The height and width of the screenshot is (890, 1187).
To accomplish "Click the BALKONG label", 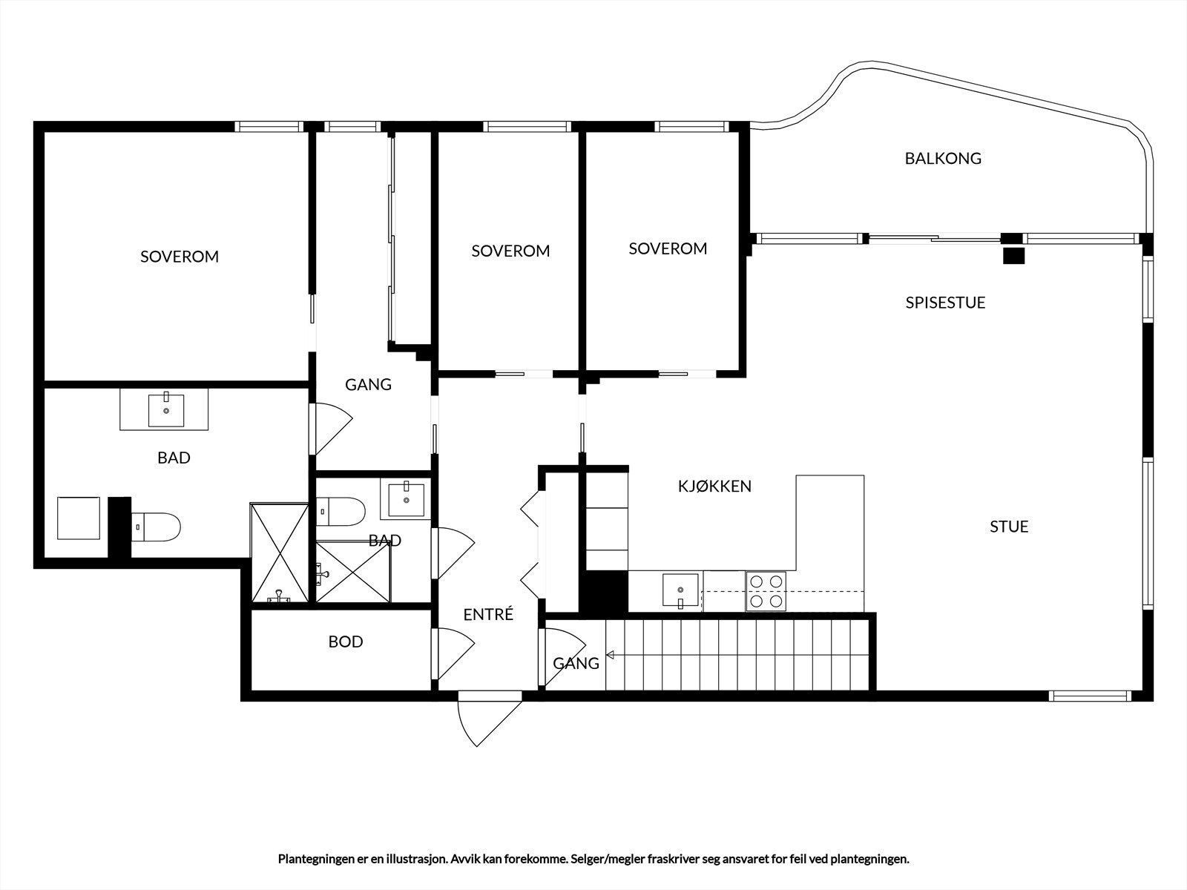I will (x=942, y=158).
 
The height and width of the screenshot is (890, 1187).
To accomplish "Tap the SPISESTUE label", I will (x=945, y=303).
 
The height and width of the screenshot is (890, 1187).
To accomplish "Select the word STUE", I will (x=1009, y=527).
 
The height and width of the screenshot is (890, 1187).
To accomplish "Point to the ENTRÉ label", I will (x=488, y=615).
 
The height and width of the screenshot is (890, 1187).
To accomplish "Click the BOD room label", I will (x=346, y=642).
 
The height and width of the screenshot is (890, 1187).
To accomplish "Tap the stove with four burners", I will (x=766, y=591).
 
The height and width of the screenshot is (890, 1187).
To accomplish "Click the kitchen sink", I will (x=681, y=590).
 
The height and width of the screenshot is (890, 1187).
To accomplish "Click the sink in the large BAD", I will (x=166, y=410).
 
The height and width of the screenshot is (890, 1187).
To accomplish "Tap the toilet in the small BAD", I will (x=343, y=511).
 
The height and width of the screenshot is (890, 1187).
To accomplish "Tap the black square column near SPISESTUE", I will (x=1013, y=256).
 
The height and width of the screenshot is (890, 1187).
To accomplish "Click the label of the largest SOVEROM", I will (x=180, y=257).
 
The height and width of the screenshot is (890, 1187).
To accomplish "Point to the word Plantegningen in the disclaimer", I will (x=315, y=859).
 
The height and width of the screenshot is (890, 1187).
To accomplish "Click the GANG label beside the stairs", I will (x=576, y=663).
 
